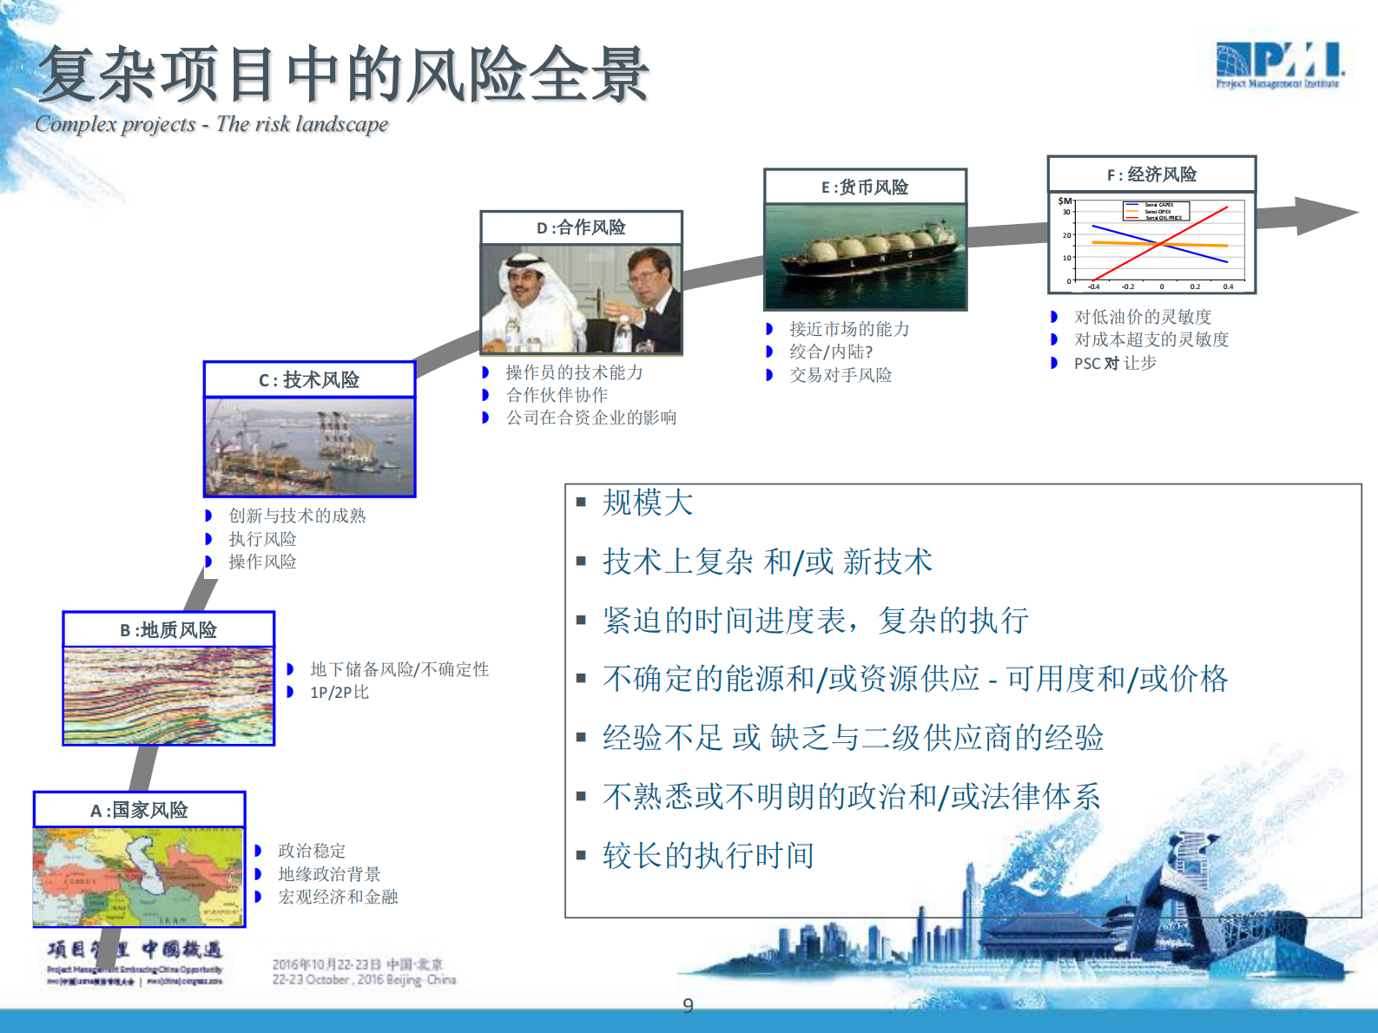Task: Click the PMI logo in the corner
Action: [1278, 65]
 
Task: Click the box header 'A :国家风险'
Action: [140, 810]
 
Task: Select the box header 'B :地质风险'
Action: [168, 630]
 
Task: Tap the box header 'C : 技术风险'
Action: [309, 380]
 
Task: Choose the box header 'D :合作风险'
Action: [581, 227]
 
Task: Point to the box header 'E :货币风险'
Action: [865, 188]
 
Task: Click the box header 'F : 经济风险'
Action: [1151, 174]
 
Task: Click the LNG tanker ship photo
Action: [865, 256]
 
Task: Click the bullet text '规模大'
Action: [648, 503]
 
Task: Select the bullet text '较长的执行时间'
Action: [708, 856]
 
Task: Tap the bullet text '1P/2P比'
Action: [340, 693]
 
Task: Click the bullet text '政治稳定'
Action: [312, 851]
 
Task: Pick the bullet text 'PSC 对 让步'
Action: [1115, 364]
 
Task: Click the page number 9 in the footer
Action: [688, 1005]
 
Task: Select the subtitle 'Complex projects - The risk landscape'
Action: [212, 124]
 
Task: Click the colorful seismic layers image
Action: [168, 695]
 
